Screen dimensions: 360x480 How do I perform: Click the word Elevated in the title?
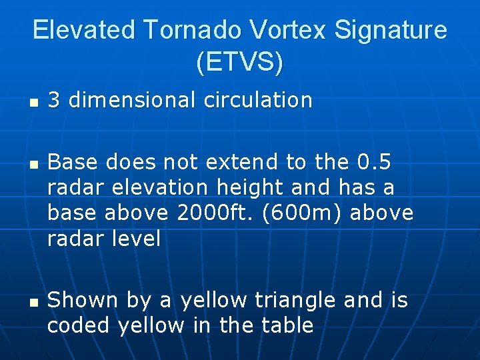coord(83,30)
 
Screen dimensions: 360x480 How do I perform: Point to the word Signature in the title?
coord(393,30)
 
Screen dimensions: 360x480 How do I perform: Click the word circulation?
coord(258,100)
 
